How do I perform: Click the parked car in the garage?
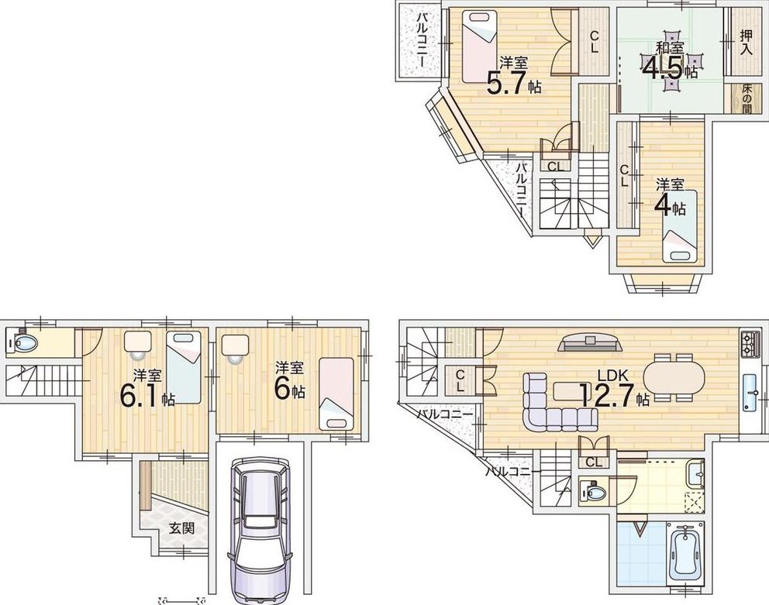click(260, 531)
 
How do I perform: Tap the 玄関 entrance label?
click(181, 528)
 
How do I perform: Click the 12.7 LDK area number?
click(607, 395)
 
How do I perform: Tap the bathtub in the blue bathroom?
click(685, 553)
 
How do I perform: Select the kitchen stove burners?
click(751, 343)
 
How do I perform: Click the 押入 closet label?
click(746, 43)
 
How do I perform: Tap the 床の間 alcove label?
click(747, 99)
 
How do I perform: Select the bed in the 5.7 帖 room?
click(480, 47)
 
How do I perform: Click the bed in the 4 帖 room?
click(680, 226)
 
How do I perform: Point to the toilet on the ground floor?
click(22, 341)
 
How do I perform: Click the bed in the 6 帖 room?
click(336, 394)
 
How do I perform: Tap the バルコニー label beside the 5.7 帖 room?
click(421, 40)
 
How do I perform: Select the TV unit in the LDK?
click(590, 342)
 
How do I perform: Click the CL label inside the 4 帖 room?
click(624, 176)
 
